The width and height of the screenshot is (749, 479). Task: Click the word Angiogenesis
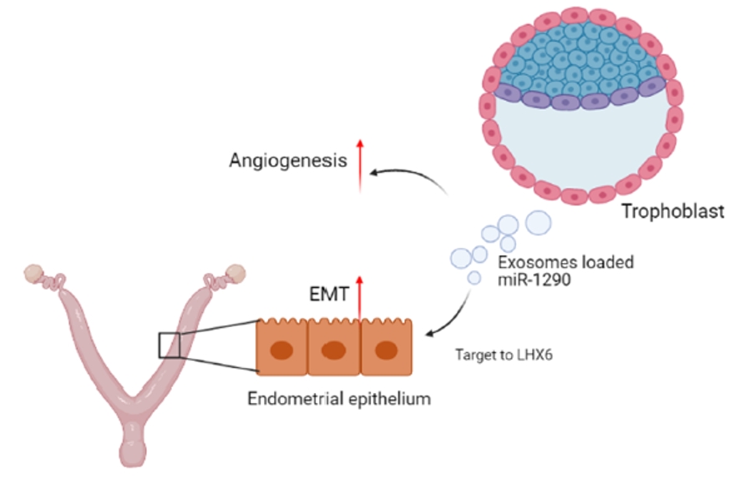point(287,159)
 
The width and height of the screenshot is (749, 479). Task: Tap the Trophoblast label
point(672,211)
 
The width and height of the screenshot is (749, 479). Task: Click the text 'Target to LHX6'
point(504,354)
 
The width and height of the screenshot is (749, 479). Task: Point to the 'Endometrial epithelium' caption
point(339,398)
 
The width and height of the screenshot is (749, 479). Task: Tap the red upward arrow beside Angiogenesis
point(360,167)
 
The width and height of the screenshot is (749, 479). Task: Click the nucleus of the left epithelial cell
point(282,348)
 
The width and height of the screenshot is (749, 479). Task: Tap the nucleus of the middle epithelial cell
point(334,348)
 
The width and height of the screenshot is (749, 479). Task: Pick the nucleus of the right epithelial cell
point(386,348)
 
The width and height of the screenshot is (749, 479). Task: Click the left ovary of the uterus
point(33,273)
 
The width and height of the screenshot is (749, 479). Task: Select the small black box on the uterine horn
point(170,344)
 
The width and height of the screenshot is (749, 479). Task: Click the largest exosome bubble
point(538,222)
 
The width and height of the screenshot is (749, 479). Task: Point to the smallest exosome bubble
point(473,279)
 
